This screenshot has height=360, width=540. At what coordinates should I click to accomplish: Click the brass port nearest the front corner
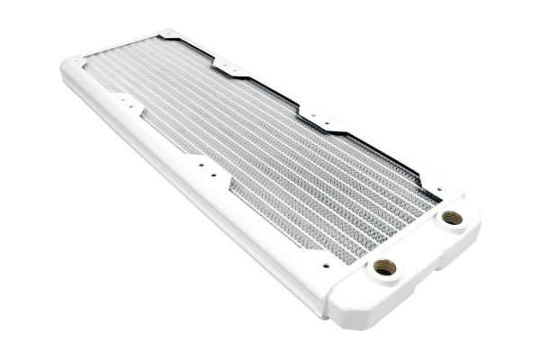(384, 266)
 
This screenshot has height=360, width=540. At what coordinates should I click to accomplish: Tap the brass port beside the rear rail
(452, 218)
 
